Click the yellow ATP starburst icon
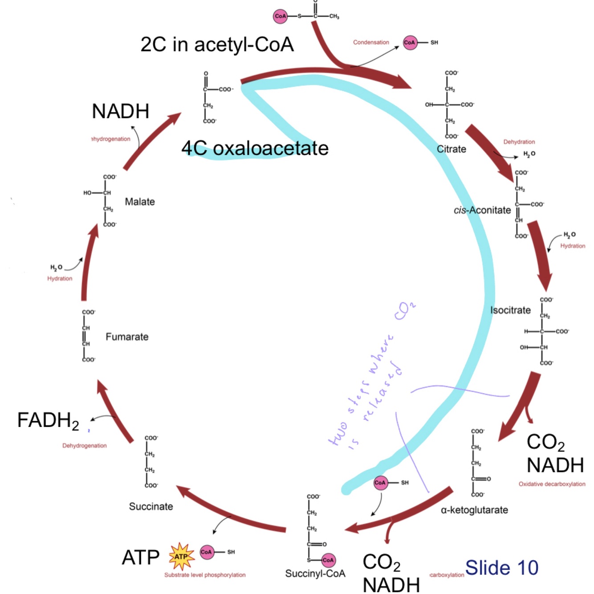[181, 556]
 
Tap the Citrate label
[451, 149]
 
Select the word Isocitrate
[510, 310]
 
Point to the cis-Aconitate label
[482, 210]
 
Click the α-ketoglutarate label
[474, 510]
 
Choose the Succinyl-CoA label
[315, 574]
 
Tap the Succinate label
[151, 506]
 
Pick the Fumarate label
[127, 337]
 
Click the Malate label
[140, 202]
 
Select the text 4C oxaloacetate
[255, 148]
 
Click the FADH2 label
[48, 420]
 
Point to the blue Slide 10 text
[502, 568]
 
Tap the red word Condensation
[371, 42]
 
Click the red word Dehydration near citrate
[519, 142]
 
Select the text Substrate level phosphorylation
[205, 575]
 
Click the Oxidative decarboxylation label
[552, 484]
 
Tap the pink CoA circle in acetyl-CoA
[280, 16]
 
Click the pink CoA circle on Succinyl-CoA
[328, 560]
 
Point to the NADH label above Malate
[120, 111]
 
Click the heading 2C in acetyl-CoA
[217, 45]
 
